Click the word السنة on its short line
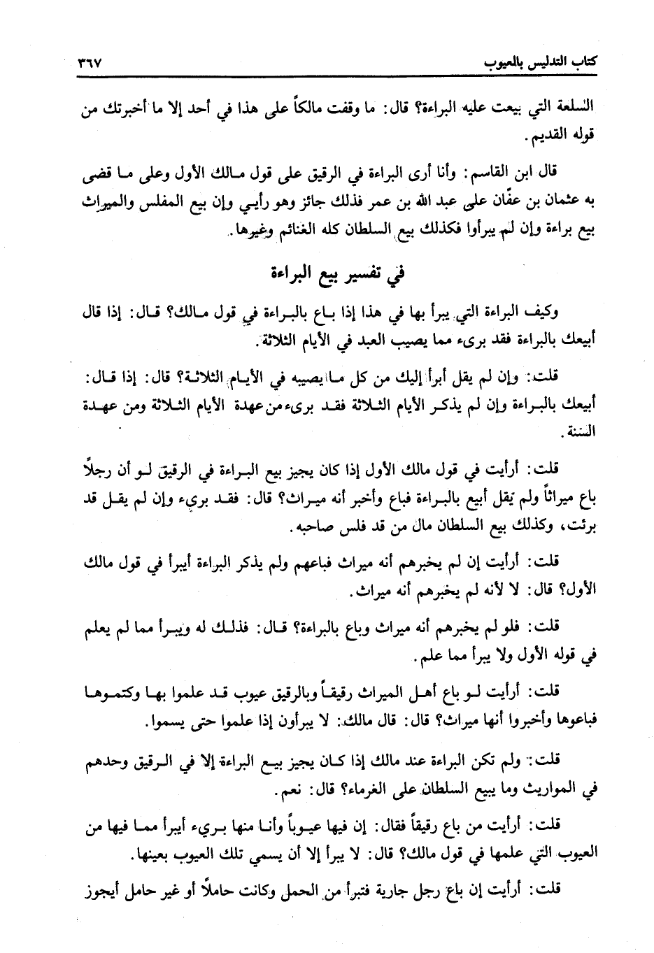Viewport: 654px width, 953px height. [578, 432]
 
